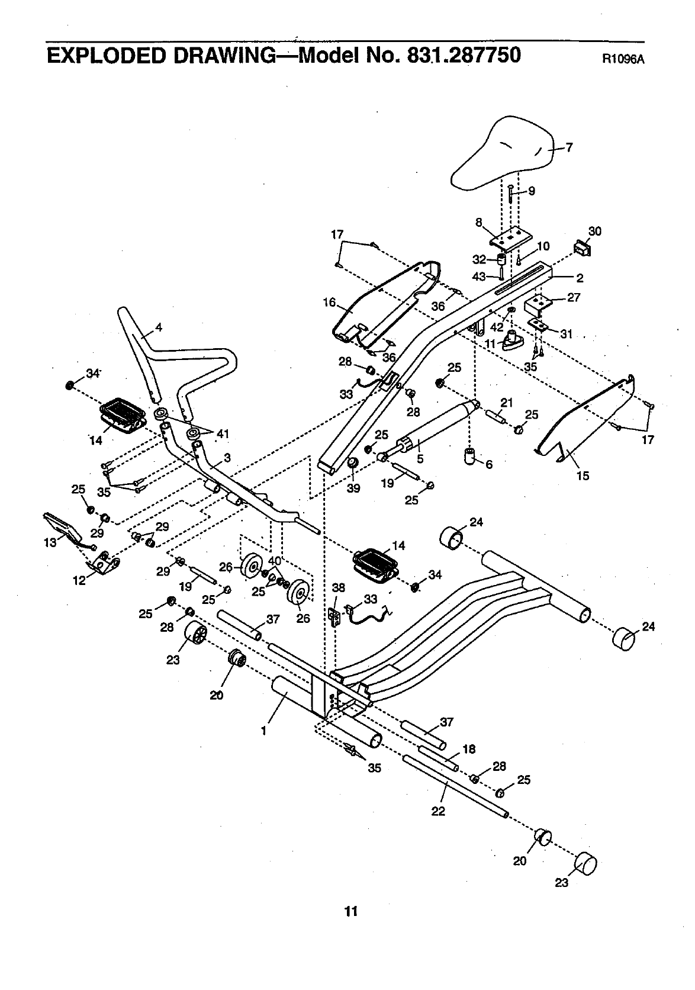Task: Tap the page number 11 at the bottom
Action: [x=352, y=911]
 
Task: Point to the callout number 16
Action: [x=329, y=303]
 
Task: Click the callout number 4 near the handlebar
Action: [x=159, y=327]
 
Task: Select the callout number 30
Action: [x=594, y=231]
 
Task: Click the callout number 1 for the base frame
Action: [x=264, y=730]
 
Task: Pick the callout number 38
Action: [x=338, y=587]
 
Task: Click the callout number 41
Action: [x=223, y=434]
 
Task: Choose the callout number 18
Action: [x=469, y=749]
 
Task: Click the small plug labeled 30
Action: [x=581, y=247]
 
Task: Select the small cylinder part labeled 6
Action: [x=471, y=457]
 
